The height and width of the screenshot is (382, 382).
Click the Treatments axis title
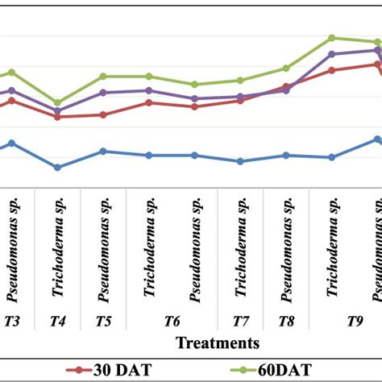(218, 343)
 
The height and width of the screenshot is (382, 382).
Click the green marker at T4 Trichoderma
(57, 103)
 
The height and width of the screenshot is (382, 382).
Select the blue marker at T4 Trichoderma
(57, 168)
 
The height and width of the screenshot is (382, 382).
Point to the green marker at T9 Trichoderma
(331, 38)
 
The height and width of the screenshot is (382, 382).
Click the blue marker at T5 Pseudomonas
(103, 151)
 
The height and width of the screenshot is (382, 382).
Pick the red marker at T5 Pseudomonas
(103, 114)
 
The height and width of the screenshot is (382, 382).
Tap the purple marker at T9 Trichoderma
(331, 54)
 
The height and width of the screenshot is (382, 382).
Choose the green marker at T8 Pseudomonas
(286, 69)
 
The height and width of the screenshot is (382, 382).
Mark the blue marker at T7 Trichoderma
(240, 161)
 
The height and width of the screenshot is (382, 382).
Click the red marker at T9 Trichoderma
(331, 70)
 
